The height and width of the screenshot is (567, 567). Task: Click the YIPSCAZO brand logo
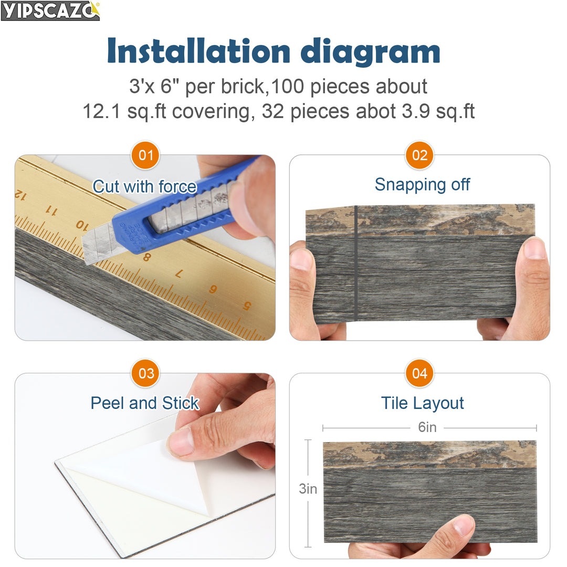click(x=50, y=11)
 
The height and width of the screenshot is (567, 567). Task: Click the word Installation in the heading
click(x=198, y=51)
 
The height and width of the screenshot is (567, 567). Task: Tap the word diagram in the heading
click(x=370, y=52)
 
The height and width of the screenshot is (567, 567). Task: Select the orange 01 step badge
click(x=145, y=155)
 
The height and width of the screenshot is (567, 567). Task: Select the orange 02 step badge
click(x=419, y=155)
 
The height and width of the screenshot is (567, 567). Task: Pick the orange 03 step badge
click(x=145, y=374)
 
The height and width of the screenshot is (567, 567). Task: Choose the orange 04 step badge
click(x=419, y=374)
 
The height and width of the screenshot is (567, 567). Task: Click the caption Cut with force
click(x=145, y=186)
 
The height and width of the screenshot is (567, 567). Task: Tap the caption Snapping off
click(x=422, y=185)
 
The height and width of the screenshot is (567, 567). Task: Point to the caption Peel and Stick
click(x=145, y=403)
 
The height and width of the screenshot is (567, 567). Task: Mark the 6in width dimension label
click(x=427, y=427)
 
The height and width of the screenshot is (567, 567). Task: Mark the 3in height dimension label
click(x=308, y=489)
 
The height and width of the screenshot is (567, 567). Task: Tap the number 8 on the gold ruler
click(x=146, y=257)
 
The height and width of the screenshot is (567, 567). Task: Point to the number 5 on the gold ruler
click(x=247, y=306)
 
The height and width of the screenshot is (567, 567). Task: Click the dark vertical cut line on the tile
click(x=356, y=263)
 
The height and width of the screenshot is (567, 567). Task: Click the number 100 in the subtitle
click(x=287, y=87)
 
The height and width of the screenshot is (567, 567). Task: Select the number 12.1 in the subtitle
click(x=101, y=111)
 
